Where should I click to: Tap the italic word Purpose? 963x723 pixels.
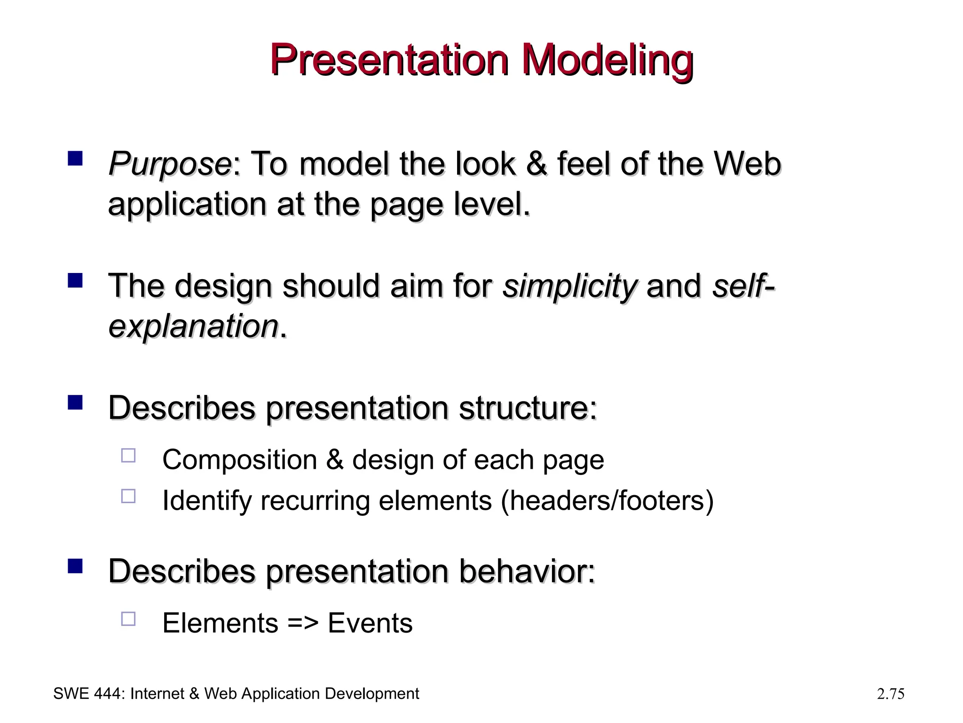(x=169, y=164)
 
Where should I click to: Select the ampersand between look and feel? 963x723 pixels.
(x=537, y=164)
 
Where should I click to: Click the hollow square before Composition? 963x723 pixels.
(x=128, y=455)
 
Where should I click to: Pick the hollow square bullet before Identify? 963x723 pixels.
(x=128, y=496)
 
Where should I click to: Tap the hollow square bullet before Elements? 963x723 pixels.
(x=128, y=619)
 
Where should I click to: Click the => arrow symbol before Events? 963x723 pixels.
(x=303, y=623)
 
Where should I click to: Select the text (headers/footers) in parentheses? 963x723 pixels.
(x=607, y=500)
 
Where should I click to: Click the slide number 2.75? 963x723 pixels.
(x=890, y=694)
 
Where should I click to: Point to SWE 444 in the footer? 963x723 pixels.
(x=87, y=694)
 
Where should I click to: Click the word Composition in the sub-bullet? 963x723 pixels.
(x=239, y=460)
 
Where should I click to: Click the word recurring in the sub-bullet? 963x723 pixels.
(x=315, y=501)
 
